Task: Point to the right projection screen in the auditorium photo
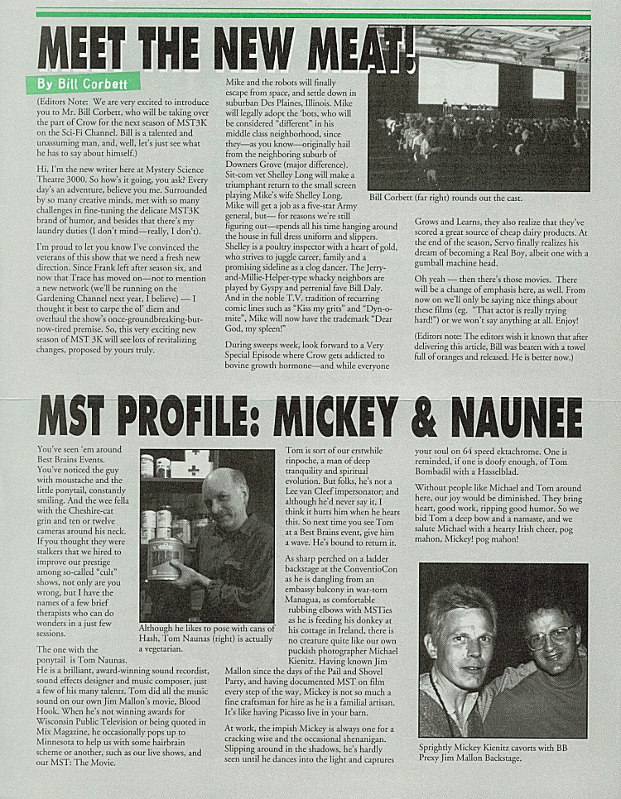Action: [x=547, y=84]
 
